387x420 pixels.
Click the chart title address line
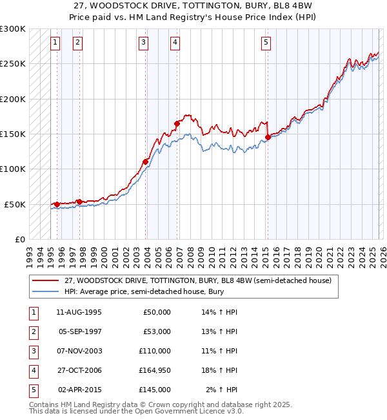(193, 5)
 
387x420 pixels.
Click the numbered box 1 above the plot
(55, 43)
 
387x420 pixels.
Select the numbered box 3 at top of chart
(143, 43)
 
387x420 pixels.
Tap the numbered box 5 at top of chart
(266, 43)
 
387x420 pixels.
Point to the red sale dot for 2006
(177, 123)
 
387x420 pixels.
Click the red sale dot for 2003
(146, 162)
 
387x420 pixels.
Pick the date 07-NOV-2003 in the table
(80, 351)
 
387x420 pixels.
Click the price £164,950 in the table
(155, 370)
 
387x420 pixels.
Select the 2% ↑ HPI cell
(223, 390)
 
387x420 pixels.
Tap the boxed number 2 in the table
(32, 331)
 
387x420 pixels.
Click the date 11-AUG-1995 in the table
(79, 312)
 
